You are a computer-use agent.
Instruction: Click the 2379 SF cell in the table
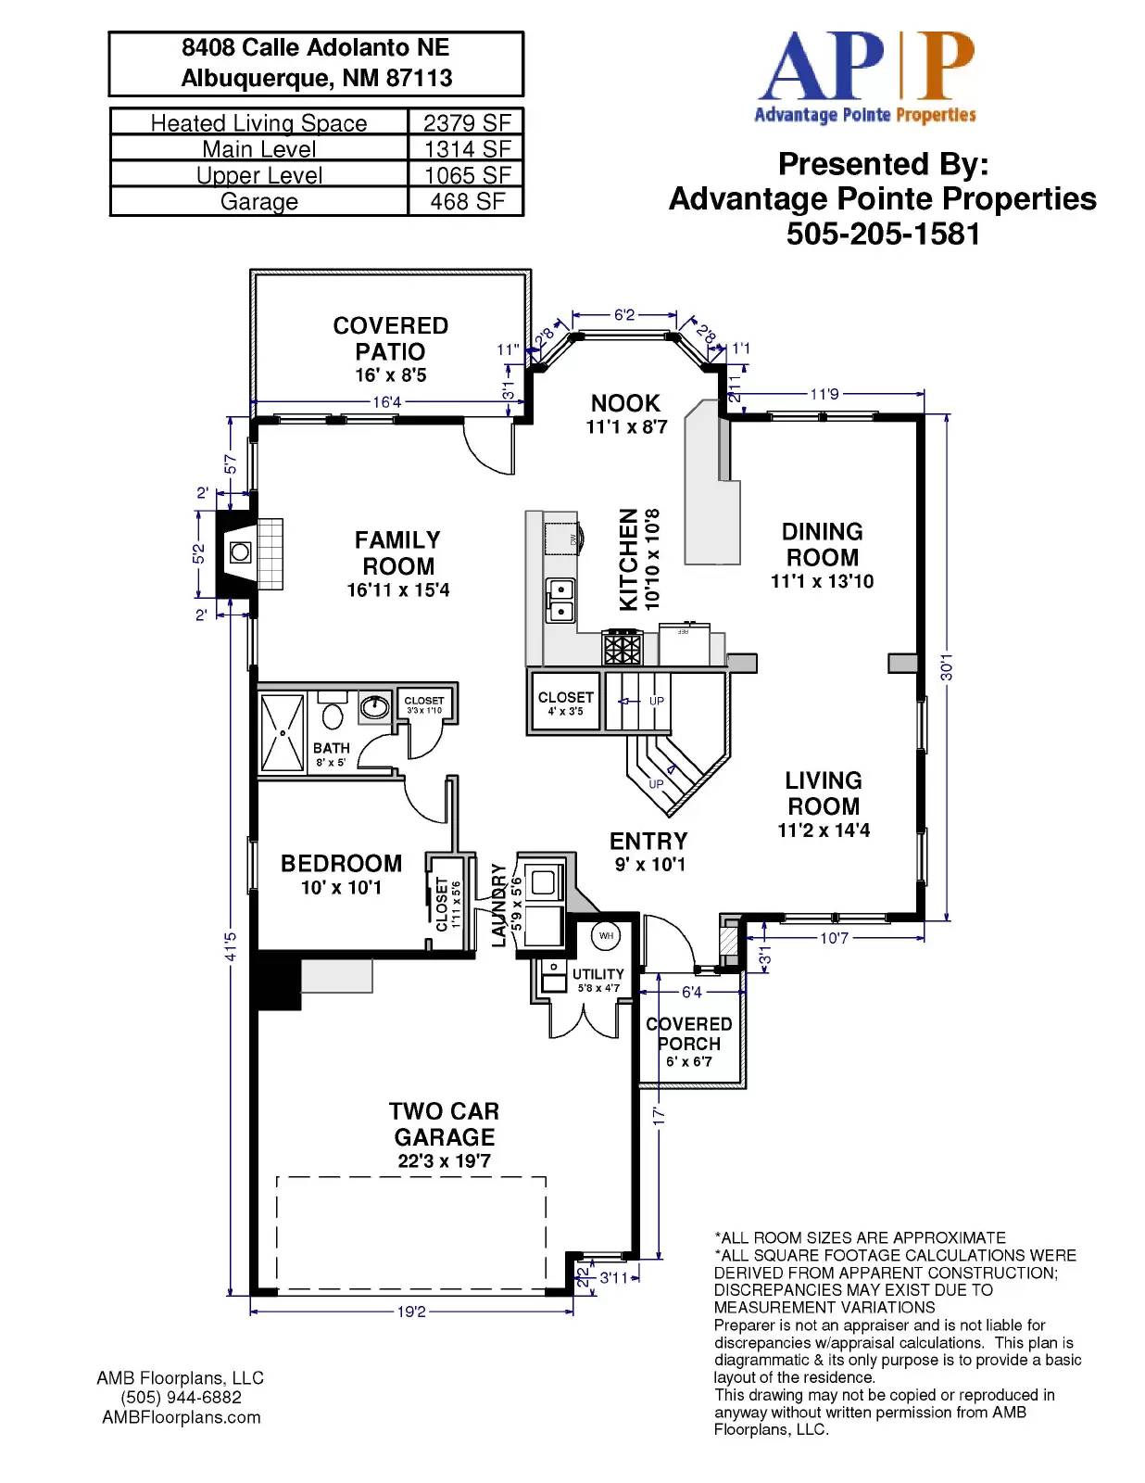(466, 122)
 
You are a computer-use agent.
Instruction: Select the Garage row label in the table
(258, 201)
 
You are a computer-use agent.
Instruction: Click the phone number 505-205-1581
(883, 234)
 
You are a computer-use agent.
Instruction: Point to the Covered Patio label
(390, 339)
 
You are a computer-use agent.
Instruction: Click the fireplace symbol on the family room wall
(240, 552)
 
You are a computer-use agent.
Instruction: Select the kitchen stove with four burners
(623, 647)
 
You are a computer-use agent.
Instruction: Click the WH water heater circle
(606, 935)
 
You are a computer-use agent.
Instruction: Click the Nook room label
(625, 403)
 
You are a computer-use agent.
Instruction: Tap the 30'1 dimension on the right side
(946, 666)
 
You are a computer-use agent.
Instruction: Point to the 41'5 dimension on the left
(231, 946)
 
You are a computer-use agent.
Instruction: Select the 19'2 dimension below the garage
(411, 1312)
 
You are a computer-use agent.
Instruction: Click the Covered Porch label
(688, 1033)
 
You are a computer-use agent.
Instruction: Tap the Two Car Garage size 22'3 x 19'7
(444, 1160)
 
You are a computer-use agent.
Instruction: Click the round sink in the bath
(374, 708)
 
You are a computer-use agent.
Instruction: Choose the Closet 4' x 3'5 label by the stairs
(565, 703)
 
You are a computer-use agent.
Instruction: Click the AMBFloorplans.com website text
(182, 1417)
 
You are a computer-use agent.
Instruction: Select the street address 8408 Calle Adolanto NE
(315, 48)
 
